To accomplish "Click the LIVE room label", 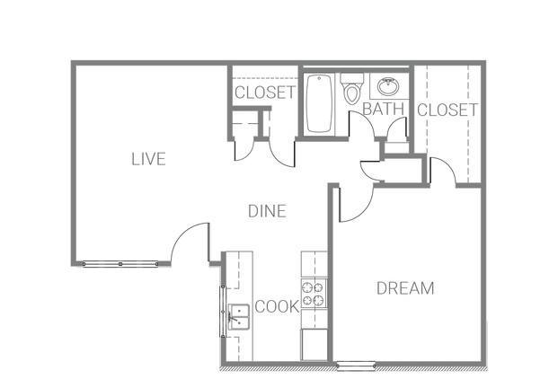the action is (148, 159).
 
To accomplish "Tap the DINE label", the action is (267, 211).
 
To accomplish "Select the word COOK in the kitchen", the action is (277, 306).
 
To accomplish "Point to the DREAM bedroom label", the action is (405, 288).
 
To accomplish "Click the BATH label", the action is (384, 109).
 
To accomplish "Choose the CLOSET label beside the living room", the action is (265, 93).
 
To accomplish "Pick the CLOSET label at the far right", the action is (447, 110).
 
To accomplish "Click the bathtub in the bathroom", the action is (319, 103).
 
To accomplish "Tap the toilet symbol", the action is (352, 89).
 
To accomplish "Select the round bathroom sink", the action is (388, 86).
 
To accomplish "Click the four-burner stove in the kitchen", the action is (314, 293).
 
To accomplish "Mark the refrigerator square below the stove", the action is (314, 344).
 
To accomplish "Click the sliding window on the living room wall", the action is (120, 264).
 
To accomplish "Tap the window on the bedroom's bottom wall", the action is (356, 365).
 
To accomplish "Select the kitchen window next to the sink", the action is (223, 311).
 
